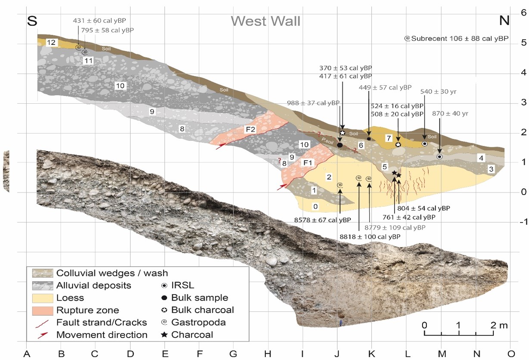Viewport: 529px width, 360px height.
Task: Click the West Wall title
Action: [x=265, y=21]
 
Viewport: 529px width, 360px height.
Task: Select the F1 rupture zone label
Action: [x=307, y=163]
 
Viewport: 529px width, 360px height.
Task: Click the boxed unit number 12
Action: [x=51, y=42]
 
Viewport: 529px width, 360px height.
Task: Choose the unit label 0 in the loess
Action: [x=316, y=207]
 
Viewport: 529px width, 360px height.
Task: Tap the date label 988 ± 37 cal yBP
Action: [x=313, y=102]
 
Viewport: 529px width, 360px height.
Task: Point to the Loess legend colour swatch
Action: [x=42, y=298]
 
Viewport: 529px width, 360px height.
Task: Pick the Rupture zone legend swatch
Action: [x=42, y=310]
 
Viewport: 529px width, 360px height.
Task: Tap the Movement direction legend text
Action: [x=102, y=335]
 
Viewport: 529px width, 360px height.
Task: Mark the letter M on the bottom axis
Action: [x=441, y=354]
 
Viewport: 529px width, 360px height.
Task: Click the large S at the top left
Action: [x=32, y=21]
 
